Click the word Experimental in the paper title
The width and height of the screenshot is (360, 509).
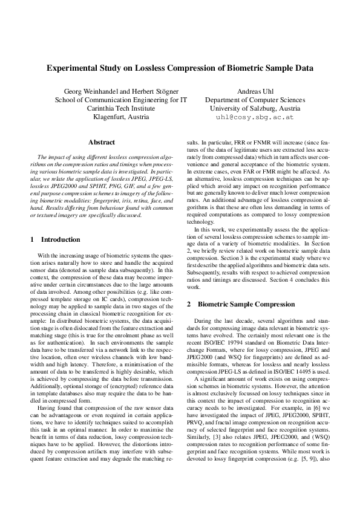click(x=73, y=69)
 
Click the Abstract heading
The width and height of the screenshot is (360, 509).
click(x=102, y=142)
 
